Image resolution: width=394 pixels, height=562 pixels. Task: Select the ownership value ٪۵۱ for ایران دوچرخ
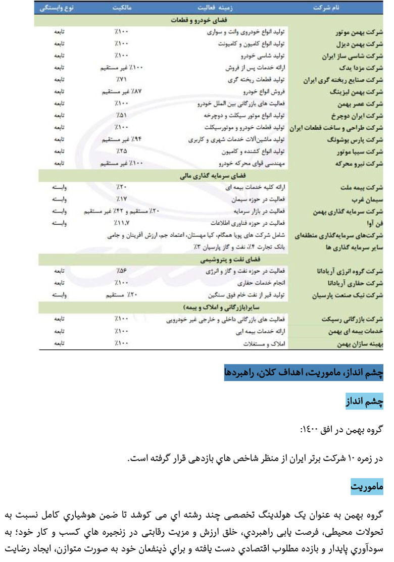[122, 115]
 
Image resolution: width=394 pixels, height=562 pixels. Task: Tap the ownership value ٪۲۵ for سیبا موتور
[122, 150]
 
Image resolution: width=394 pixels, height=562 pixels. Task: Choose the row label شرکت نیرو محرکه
[359, 163]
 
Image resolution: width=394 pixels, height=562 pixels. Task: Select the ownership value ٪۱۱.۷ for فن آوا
[122, 222]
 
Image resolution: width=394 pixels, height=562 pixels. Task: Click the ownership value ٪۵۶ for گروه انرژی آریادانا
[122, 271]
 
